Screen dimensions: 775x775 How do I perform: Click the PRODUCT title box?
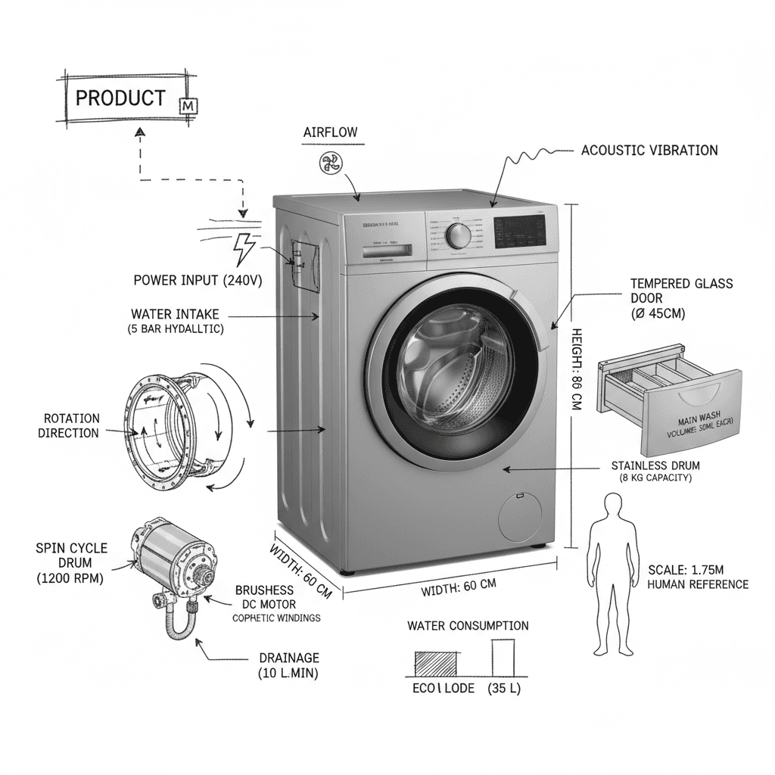point(121,98)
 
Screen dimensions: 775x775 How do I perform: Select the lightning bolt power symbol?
point(243,248)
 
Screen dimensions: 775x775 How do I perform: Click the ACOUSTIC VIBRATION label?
point(649,151)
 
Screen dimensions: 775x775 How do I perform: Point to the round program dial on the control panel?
point(459,235)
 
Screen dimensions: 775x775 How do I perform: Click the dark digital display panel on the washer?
point(520,231)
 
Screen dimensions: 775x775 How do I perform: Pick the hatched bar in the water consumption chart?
point(435,664)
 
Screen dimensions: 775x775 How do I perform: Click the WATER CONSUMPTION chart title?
point(468,626)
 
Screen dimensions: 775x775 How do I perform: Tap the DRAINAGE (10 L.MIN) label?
point(288,665)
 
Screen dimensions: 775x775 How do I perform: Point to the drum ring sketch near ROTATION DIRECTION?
point(163,427)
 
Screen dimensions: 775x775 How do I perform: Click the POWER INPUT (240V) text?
point(198,280)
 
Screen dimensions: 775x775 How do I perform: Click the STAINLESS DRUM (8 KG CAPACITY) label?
point(655,472)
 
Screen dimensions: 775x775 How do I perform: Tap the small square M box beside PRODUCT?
point(187,107)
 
